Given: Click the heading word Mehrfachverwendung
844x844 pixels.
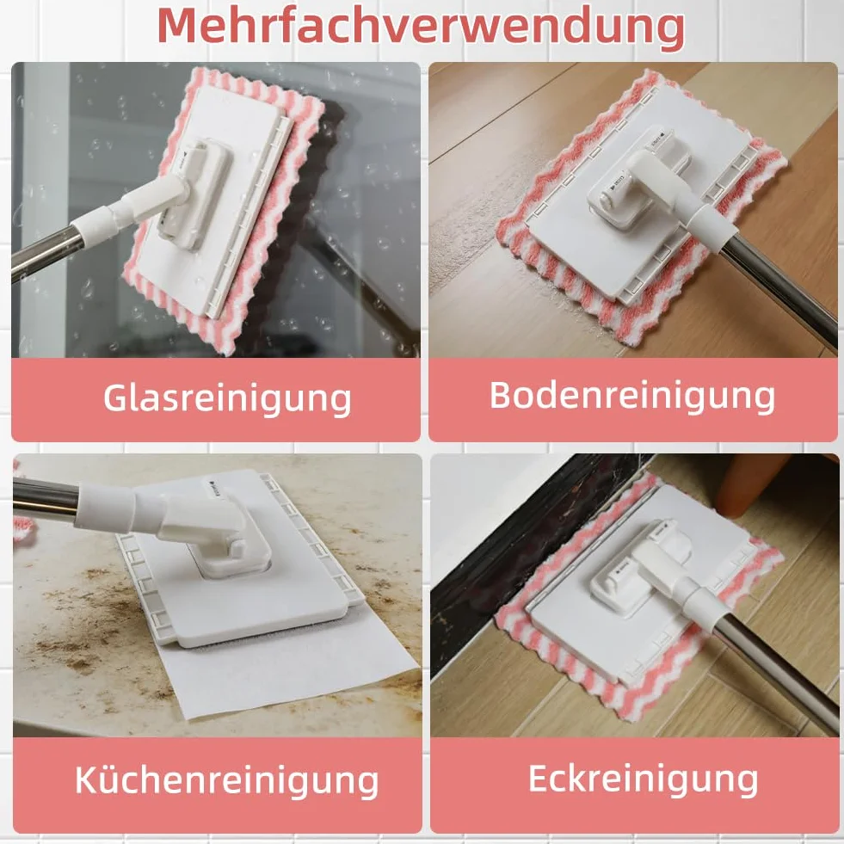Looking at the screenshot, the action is click(x=421, y=27).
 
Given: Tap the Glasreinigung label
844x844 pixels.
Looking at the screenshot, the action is click(x=227, y=399).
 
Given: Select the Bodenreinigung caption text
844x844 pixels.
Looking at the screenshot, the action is click(x=631, y=396).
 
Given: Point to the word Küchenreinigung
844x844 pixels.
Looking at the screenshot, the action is click(x=226, y=780).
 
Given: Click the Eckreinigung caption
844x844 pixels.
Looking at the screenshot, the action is click(x=644, y=779).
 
